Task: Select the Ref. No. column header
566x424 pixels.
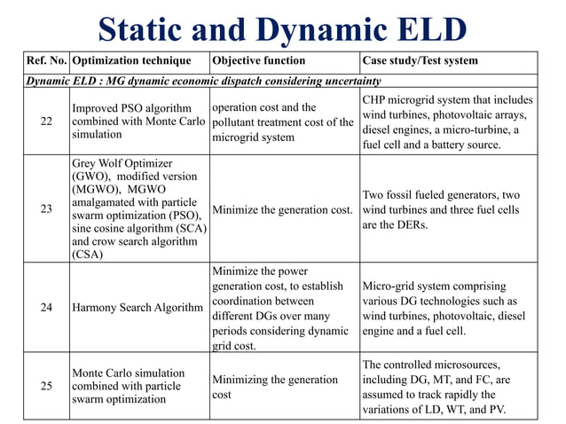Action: [x=46, y=61]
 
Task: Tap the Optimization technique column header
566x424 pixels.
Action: [x=130, y=61]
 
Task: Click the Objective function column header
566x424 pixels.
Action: [x=258, y=61]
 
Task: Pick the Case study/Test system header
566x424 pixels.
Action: [x=421, y=61]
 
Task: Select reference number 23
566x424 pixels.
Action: [x=46, y=209]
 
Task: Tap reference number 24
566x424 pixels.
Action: [x=46, y=308]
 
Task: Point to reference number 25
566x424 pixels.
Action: [x=46, y=386]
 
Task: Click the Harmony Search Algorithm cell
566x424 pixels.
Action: [x=138, y=308]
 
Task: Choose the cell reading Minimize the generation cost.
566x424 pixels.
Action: [x=282, y=210]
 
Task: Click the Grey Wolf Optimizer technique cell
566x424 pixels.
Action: [x=138, y=209]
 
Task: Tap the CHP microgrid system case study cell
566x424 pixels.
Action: [x=447, y=122]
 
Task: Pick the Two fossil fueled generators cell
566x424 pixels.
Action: [x=447, y=210]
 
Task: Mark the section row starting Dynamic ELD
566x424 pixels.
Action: [x=204, y=80]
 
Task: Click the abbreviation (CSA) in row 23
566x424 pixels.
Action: [x=88, y=255]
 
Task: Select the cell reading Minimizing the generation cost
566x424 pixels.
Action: [x=274, y=387]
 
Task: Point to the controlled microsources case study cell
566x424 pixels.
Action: [x=447, y=387]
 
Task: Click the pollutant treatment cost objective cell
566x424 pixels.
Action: [x=282, y=122]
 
